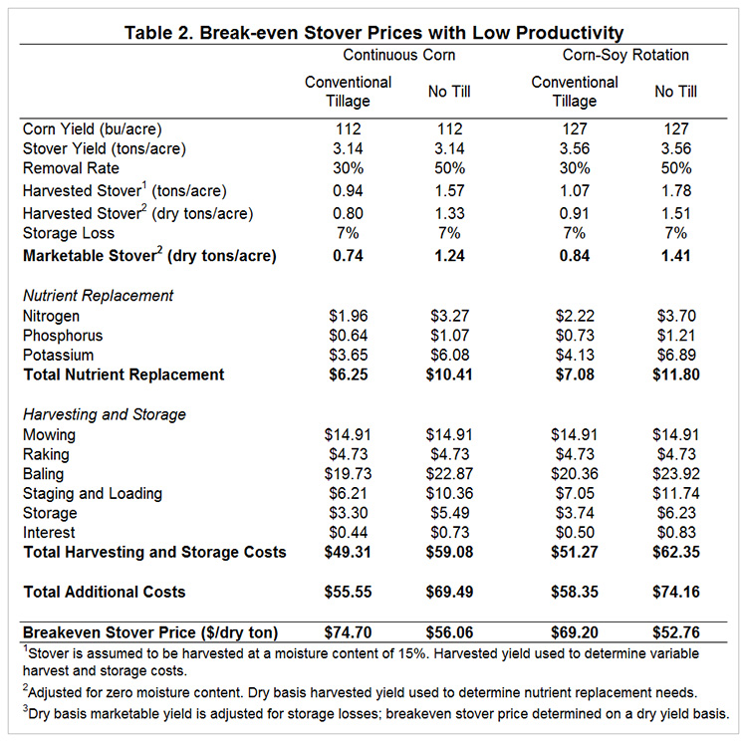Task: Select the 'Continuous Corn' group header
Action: coord(399,55)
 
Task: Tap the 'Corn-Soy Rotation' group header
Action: coord(625,55)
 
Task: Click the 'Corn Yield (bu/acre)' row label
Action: coord(93,129)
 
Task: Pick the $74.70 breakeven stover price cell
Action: coord(348,632)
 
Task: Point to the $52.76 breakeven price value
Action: coord(676,632)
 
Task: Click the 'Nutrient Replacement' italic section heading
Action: coord(99,296)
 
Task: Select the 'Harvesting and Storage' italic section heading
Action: coord(105,414)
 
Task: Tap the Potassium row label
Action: coord(58,356)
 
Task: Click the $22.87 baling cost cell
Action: coord(449,474)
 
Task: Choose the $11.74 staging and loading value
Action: coord(676,493)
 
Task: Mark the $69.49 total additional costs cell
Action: coord(449,592)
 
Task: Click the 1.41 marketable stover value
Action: coord(676,256)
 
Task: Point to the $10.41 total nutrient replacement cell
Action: coord(449,374)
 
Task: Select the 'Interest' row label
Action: coord(49,533)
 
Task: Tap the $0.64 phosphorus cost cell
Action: coord(349,336)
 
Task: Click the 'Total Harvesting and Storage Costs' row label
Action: coord(154,552)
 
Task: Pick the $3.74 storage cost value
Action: coord(575,513)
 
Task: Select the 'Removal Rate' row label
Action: coord(71,168)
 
